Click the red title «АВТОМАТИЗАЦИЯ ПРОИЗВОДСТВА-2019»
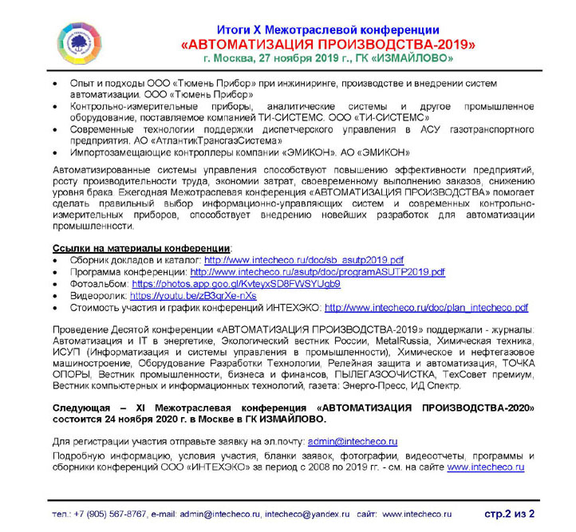click(327, 44)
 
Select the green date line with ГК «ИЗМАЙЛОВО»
click(328, 58)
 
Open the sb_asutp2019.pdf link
click(304, 260)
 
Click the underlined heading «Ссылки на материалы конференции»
click(141, 248)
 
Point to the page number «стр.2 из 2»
click(509, 512)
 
